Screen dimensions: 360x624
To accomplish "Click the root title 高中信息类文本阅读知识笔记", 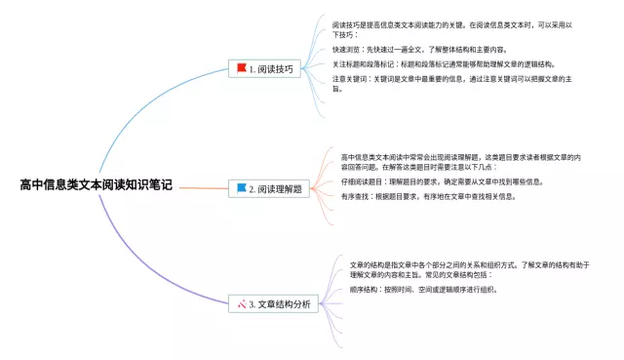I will (95, 182).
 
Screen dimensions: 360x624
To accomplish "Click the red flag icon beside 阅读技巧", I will (240, 68).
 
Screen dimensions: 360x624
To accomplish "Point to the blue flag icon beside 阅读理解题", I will (240, 187).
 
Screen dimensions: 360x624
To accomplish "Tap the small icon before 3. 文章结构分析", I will (240, 304).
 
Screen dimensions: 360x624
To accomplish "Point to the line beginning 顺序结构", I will (423, 290).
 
